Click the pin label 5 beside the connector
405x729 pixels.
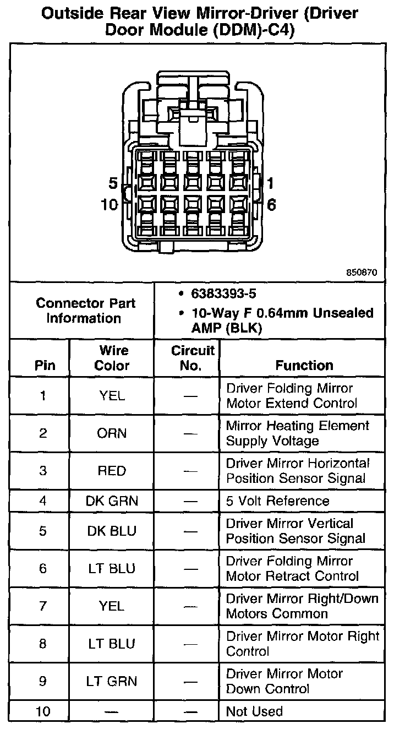(113, 183)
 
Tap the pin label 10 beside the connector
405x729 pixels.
(110, 205)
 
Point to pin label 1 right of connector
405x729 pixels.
(271, 183)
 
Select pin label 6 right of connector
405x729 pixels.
(271, 205)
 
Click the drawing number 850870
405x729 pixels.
(362, 273)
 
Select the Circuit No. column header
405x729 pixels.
(192, 358)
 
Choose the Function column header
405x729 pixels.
(304, 365)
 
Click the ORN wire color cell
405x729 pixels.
(112, 433)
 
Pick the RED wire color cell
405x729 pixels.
(112, 471)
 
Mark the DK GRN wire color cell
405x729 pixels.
(112, 501)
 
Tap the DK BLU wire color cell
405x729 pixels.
(112, 531)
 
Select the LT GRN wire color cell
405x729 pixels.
(112, 681)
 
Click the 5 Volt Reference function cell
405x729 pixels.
(278, 501)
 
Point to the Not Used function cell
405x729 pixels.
(254, 711)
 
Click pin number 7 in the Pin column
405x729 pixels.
(43, 606)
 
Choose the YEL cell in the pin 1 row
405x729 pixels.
(112, 395)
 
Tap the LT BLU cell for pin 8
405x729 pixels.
(112, 644)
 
